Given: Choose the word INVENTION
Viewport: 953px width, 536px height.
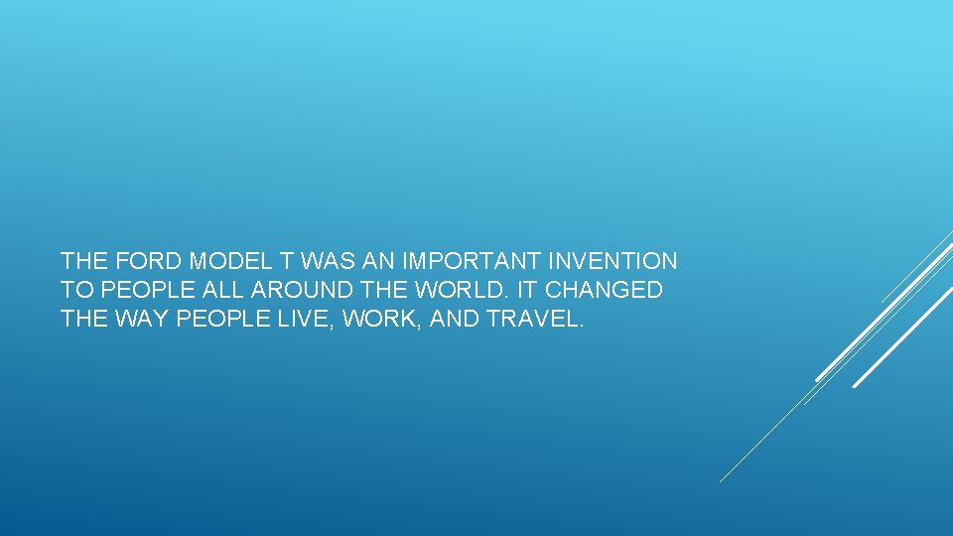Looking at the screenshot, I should click(x=615, y=262).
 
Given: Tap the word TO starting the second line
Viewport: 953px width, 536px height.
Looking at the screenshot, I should click(x=73, y=291).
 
